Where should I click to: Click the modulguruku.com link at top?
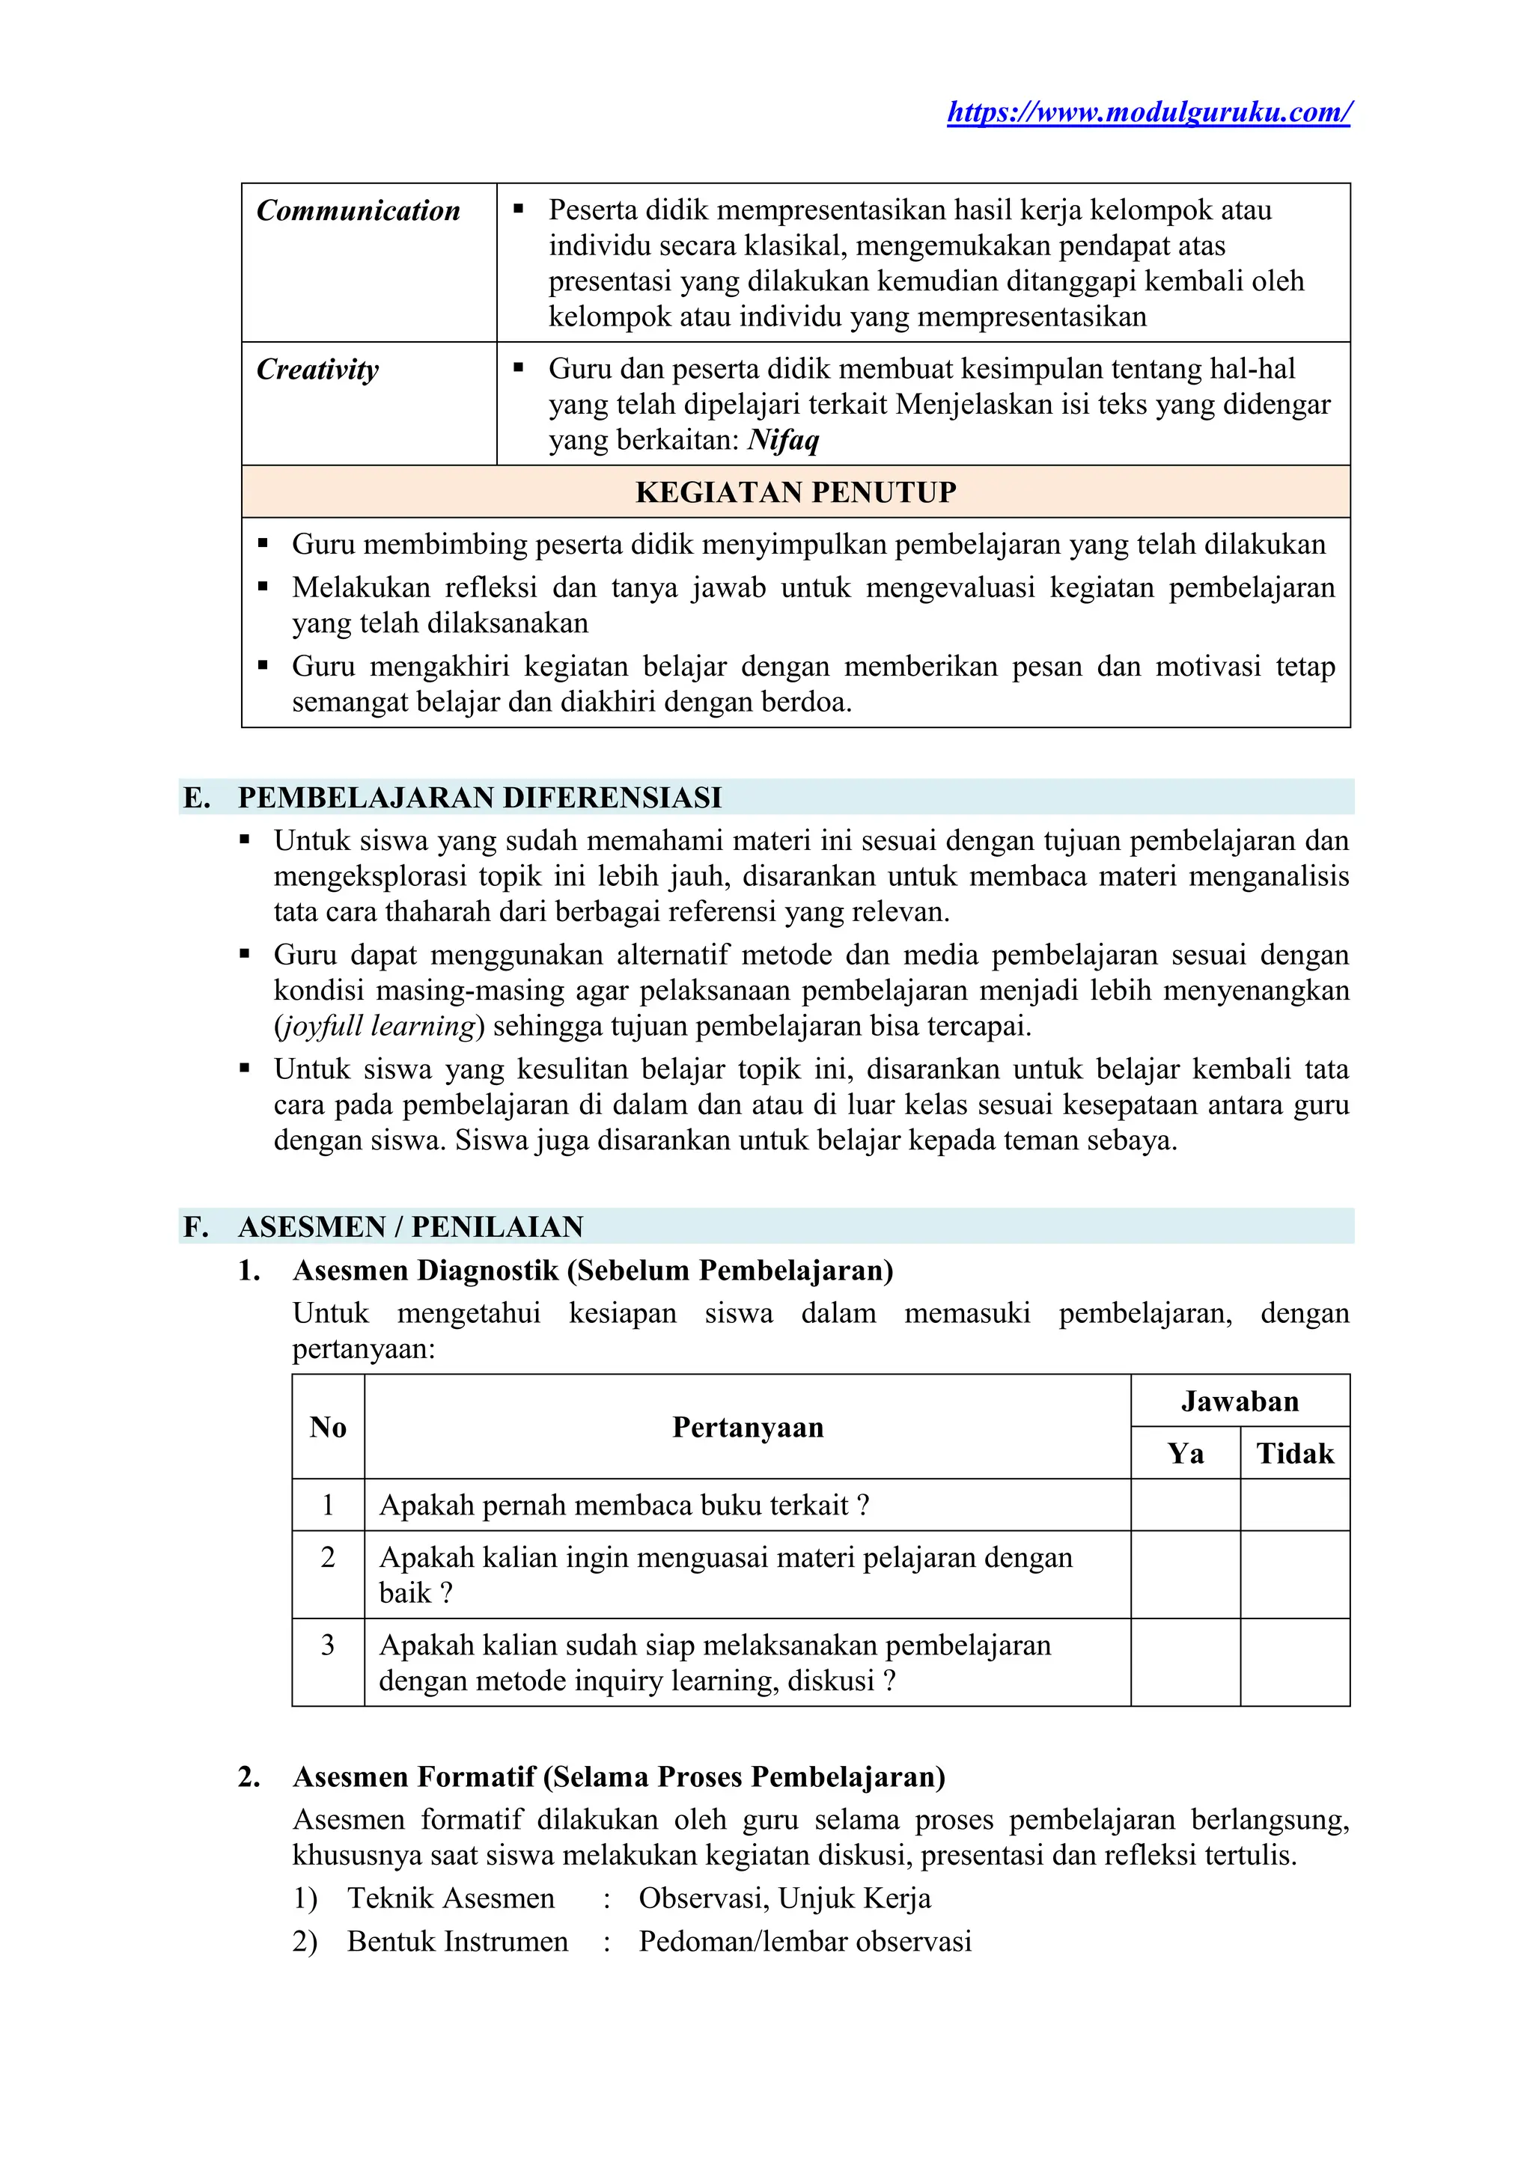[1149, 112]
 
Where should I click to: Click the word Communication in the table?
[358, 210]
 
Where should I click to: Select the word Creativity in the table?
[317, 369]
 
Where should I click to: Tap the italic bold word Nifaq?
[784, 440]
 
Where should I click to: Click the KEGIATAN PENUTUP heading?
[795, 492]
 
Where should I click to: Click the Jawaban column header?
[1239, 1401]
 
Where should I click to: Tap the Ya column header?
[1185, 1452]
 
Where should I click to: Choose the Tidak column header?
[1294, 1452]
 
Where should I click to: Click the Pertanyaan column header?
[747, 1427]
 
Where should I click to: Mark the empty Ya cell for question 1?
[1185, 1505]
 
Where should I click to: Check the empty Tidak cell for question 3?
[1294, 1662]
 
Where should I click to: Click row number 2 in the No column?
[328, 1557]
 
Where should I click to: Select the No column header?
[328, 1427]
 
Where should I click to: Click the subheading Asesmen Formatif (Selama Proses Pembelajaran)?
[618, 1776]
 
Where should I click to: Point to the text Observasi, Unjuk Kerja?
[784, 1898]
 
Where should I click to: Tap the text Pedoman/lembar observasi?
[804, 1942]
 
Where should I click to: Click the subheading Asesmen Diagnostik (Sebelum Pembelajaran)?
[593, 1271]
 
